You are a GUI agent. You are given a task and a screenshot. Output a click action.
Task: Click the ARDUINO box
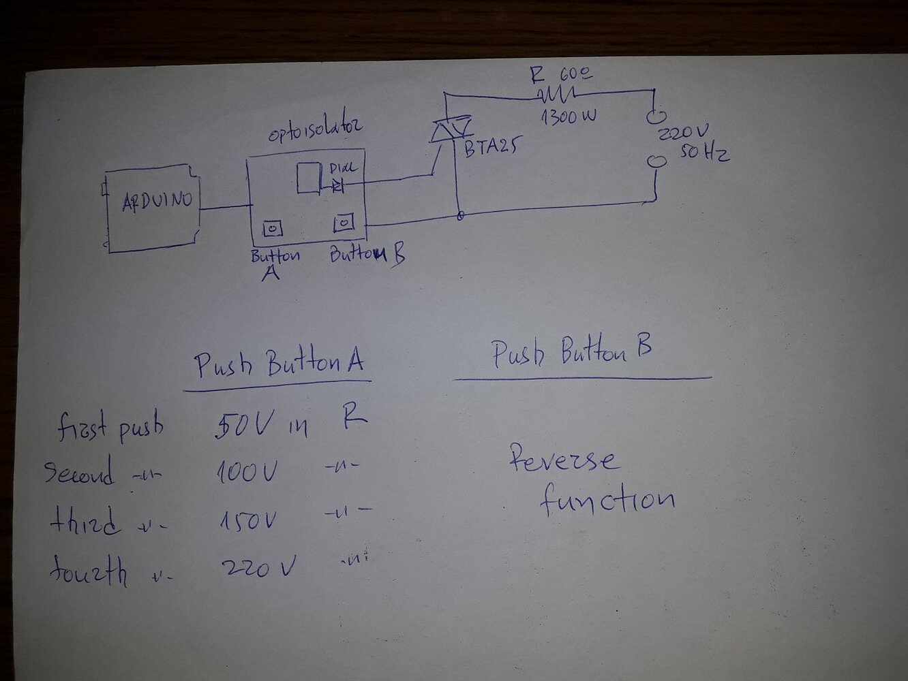(155, 208)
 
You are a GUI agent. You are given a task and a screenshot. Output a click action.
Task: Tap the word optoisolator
(315, 129)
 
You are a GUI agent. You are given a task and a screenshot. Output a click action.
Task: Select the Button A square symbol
(272, 229)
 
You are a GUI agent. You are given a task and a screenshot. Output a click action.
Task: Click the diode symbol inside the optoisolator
(337, 185)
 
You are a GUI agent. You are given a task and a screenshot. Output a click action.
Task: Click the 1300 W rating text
(569, 116)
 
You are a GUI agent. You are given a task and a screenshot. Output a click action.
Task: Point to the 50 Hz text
(704, 153)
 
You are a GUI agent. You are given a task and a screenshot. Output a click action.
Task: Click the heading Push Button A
(278, 365)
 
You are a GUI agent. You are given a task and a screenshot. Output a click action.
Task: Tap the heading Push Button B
(571, 352)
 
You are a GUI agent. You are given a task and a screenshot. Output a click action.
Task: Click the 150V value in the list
(248, 522)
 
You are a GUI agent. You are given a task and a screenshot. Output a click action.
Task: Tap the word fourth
(89, 571)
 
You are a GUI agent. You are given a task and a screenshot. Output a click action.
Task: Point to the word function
(607, 498)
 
